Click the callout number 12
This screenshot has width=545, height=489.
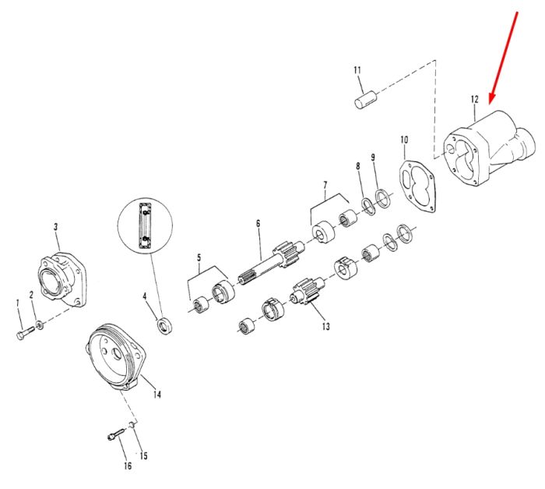click(474, 99)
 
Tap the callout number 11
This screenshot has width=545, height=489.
click(357, 70)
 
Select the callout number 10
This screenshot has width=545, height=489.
click(404, 140)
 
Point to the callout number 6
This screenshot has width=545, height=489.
click(258, 223)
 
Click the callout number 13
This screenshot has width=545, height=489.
click(325, 326)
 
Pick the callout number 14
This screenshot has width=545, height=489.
click(157, 395)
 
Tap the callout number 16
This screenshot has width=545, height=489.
click(128, 466)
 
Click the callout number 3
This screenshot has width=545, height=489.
click(55, 227)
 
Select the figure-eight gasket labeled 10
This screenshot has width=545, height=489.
click(417, 185)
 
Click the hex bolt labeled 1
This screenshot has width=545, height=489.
click(25, 332)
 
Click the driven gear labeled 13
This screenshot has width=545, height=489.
click(305, 292)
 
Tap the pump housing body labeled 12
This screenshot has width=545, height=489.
click(490, 149)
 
